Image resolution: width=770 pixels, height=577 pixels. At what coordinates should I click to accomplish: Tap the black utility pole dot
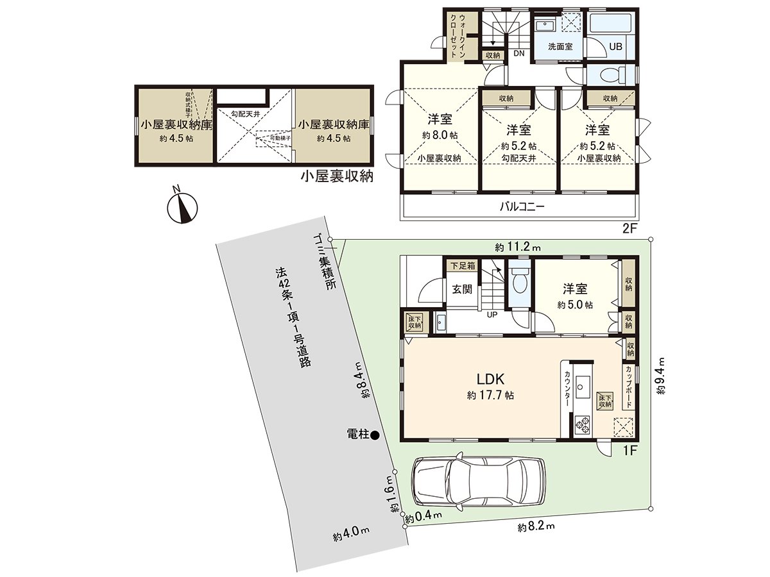[x=375, y=435]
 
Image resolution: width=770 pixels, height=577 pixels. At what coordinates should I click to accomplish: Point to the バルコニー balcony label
[x=522, y=207]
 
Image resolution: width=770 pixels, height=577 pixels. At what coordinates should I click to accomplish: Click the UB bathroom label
[x=615, y=47]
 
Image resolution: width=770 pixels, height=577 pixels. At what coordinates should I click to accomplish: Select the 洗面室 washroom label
[x=560, y=47]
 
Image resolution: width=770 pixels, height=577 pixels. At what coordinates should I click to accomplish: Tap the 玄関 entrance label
[x=462, y=290]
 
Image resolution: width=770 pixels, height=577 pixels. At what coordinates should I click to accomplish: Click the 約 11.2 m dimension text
[x=517, y=246]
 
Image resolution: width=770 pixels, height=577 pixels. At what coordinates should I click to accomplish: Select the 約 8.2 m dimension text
[x=536, y=527]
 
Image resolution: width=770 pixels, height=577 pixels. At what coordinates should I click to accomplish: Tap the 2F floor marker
[x=629, y=229]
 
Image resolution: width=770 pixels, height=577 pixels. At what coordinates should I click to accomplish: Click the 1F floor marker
[x=629, y=451]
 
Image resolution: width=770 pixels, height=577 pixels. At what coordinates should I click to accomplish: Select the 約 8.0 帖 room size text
[x=440, y=135]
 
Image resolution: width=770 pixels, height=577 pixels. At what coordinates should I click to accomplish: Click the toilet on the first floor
[x=520, y=281]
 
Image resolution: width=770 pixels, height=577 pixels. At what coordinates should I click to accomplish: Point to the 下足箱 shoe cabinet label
[x=461, y=264]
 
